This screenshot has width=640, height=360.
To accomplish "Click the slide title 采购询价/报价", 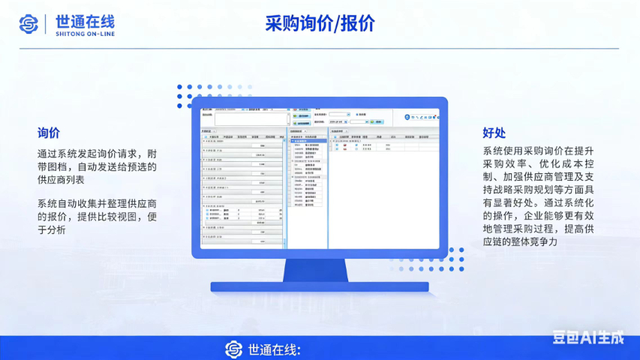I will [x=320, y=24].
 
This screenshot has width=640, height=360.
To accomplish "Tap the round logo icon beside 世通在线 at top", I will [x=29, y=24].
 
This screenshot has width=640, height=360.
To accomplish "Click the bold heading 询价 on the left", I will [x=49, y=133].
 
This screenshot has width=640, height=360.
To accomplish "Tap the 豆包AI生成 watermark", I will [x=588, y=337].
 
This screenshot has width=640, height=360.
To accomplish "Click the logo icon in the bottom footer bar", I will [x=234, y=349].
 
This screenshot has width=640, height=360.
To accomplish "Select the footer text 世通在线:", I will [x=274, y=349].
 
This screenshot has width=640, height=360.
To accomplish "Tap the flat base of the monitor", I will [x=318, y=286].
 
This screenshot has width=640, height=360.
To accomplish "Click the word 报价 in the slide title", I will [x=358, y=24].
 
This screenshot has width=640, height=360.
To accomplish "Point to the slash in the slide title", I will [x=337, y=24].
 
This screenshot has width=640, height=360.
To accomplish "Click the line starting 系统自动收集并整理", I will [x=97, y=203].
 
